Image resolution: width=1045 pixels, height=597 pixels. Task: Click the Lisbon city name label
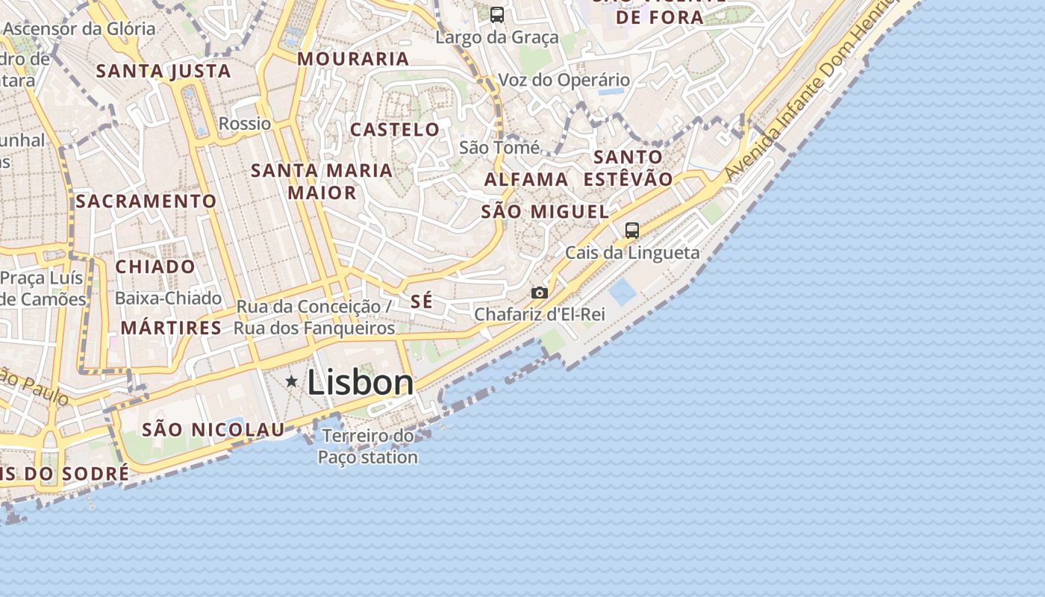(x=360, y=383)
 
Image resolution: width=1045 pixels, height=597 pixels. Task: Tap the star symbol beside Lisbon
(x=292, y=381)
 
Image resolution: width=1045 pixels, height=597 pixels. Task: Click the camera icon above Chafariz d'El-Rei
(x=539, y=293)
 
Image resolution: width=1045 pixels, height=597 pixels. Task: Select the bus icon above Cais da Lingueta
(x=632, y=231)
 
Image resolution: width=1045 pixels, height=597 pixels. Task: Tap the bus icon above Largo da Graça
(x=497, y=14)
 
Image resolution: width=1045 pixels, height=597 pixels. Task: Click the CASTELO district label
(x=395, y=129)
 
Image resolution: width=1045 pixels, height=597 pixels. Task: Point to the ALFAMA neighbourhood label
(x=526, y=179)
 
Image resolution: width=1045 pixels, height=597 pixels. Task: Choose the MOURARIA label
(x=354, y=58)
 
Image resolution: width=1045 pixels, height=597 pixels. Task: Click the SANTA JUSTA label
(x=163, y=71)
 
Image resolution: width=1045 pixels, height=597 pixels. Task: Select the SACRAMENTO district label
(x=146, y=201)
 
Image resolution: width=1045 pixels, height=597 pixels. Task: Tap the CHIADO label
(x=155, y=266)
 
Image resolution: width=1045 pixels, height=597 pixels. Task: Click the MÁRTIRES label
(x=171, y=328)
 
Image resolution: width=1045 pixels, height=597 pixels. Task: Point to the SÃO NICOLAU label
(x=213, y=429)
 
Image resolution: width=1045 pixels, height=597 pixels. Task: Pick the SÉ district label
(x=422, y=301)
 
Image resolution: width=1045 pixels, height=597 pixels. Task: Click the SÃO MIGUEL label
(x=545, y=211)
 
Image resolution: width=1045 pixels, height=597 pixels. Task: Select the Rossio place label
(x=245, y=123)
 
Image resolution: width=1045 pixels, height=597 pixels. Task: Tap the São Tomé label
(x=499, y=147)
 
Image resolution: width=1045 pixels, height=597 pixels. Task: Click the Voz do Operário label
(x=564, y=80)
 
